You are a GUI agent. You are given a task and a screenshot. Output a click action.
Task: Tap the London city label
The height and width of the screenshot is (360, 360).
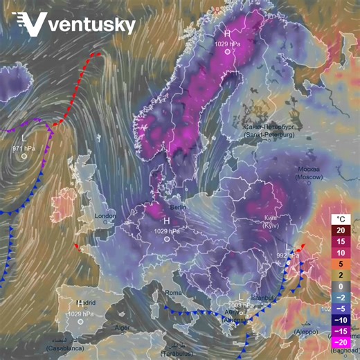[105, 216]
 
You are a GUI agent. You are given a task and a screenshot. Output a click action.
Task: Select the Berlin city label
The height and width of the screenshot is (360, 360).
[179, 207]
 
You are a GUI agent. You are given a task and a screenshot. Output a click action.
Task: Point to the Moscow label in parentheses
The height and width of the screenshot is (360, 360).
[309, 178]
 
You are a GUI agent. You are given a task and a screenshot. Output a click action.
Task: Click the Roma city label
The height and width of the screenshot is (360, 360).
[173, 293]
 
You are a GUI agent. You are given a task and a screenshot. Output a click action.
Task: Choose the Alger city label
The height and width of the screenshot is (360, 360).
[122, 327]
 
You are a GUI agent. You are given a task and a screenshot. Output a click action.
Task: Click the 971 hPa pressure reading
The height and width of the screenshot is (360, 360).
[24, 148]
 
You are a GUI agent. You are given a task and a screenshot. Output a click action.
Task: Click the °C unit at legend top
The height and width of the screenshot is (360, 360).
[341, 219]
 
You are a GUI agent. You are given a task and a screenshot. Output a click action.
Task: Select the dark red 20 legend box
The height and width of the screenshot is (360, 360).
[341, 231]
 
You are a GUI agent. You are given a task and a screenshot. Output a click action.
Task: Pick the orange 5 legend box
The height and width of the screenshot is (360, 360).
[341, 264]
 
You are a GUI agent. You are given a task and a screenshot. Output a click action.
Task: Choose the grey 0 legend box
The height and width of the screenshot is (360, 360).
[341, 286]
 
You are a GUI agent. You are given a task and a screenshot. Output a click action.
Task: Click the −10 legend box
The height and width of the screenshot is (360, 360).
[341, 320]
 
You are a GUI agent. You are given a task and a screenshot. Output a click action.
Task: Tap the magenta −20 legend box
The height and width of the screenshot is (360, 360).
[341, 342]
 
